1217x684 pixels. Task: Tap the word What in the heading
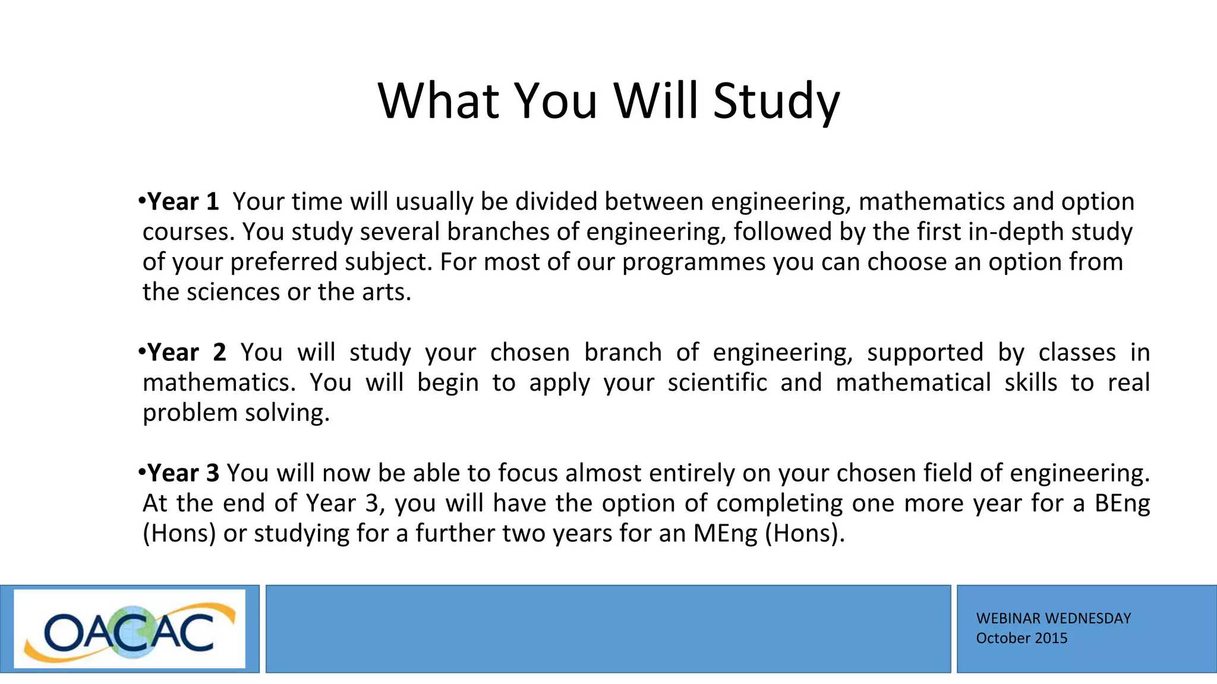coord(439,101)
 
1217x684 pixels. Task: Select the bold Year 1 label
coord(183,202)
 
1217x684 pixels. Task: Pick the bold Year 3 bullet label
coord(183,473)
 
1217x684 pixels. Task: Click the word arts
coord(386,292)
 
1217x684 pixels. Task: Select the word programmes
coord(693,262)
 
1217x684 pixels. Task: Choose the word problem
coord(190,413)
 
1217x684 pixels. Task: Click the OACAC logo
coord(130,629)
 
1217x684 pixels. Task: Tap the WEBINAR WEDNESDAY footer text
coord(1053,619)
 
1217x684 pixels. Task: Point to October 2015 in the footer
coord(1021,638)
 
